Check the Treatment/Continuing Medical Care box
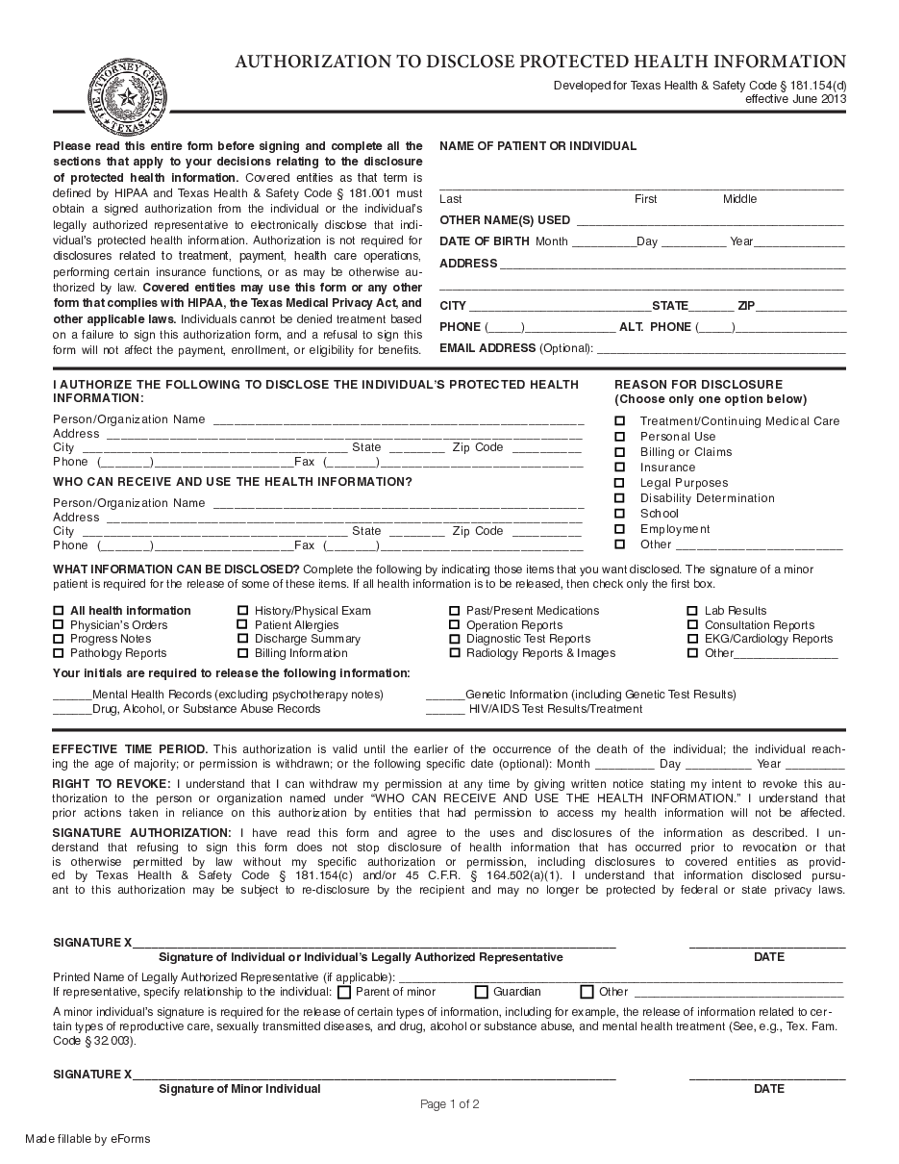pyautogui.click(x=620, y=421)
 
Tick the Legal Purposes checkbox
pyautogui.click(x=620, y=483)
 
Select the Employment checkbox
pyautogui.click(x=620, y=529)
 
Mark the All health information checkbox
pyautogui.click(x=59, y=611)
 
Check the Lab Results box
pyautogui.click(x=692, y=611)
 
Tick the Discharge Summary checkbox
pyautogui.click(x=243, y=639)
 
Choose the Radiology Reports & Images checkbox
pyautogui.click(x=455, y=653)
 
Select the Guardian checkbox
pyautogui.click(x=482, y=992)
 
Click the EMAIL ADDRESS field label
pyautogui.click(x=487, y=348)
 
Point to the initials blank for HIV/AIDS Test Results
pyautogui.click(x=445, y=710)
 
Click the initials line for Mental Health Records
pyautogui.click(x=72, y=696)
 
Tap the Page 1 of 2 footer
pyautogui.click(x=450, y=1104)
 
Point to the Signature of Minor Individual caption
pyautogui.click(x=239, y=1089)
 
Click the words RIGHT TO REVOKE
pyautogui.click(x=112, y=785)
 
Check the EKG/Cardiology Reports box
pyautogui.click(x=692, y=639)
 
